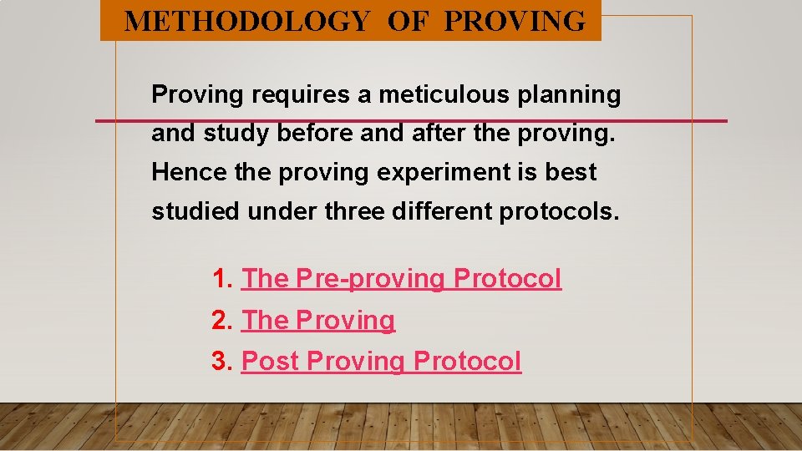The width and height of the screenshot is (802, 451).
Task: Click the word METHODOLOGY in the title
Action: click(246, 21)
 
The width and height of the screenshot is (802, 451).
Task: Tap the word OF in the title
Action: click(407, 21)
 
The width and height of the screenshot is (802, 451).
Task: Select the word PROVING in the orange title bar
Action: click(515, 21)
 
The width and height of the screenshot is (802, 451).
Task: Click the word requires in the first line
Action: click(302, 95)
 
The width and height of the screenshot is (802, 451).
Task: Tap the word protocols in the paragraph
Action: click(559, 212)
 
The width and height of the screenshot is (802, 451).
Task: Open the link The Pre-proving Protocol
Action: click(401, 279)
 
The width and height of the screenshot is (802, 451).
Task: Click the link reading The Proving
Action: click(317, 321)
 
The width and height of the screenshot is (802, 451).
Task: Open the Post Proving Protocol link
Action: click(381, 362)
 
